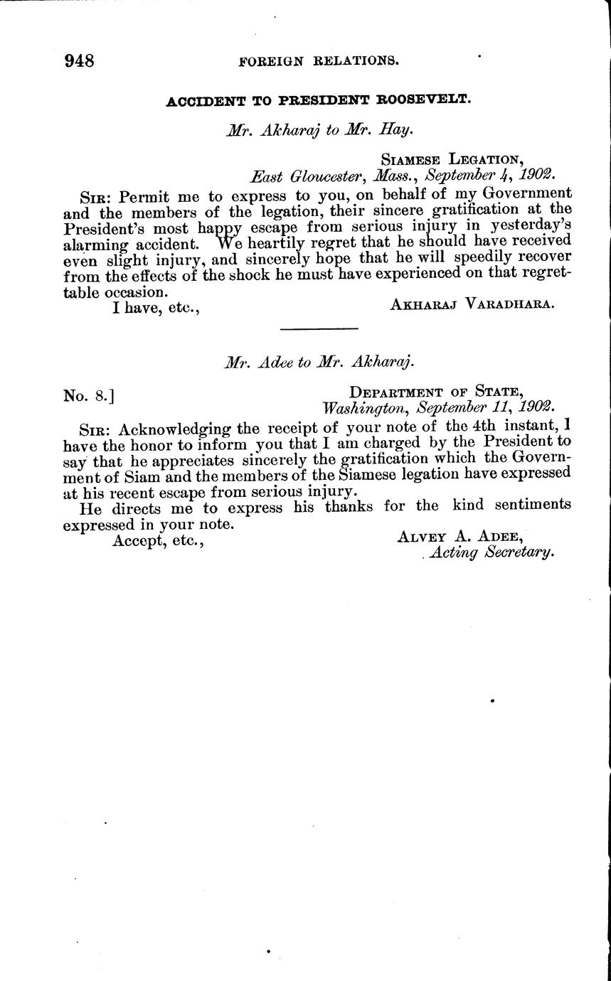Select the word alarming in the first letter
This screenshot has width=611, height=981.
pos(94,243)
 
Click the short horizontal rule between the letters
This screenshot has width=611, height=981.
pos(319,329)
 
